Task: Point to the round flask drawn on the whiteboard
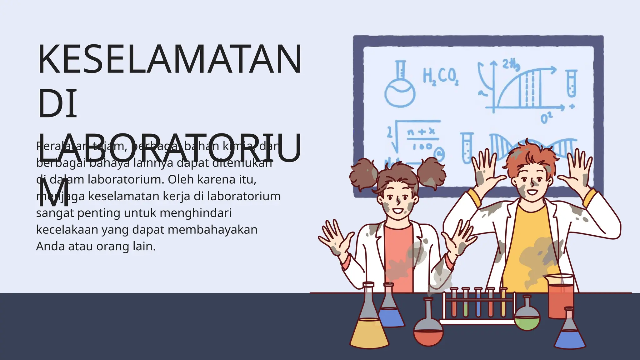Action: pos(400,91)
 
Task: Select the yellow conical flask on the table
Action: pos(369,328)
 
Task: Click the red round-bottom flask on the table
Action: pos(428,331)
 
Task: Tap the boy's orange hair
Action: pos(528,156)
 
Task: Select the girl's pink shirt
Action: pos(398,250)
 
